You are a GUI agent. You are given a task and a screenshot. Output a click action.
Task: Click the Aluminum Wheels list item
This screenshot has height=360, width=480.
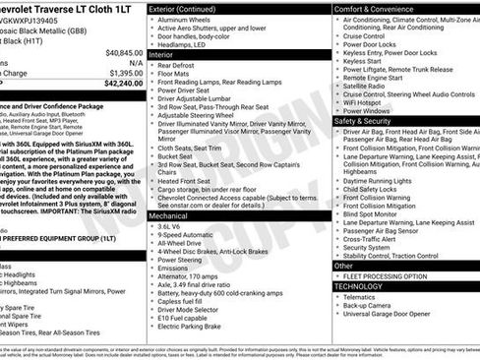tap(190, 20)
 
